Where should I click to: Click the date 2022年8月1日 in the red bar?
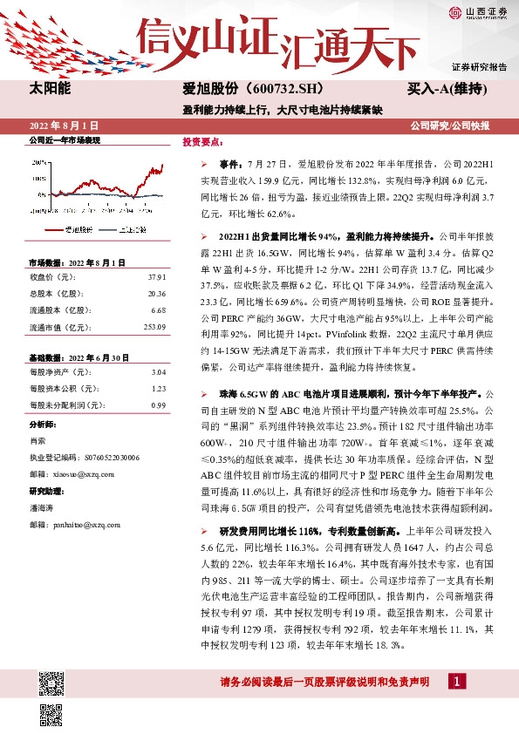tap(66, 126)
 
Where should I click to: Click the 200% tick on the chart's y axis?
tap(38, 162)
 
